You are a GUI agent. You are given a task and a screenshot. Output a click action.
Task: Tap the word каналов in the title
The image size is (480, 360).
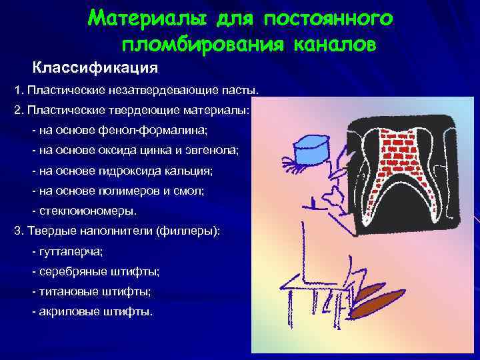click(336, 45)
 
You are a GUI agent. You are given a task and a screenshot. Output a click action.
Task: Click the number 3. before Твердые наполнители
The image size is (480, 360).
click(18, 231)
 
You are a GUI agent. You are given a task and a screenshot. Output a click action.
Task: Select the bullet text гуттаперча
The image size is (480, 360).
click(71, 251)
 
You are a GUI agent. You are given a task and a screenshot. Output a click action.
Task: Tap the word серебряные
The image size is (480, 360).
click(75, 271)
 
